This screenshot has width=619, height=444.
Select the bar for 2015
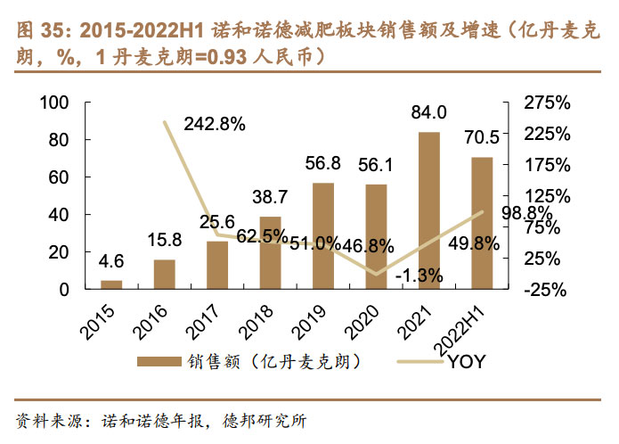pyautogui.click(x=111, y=284)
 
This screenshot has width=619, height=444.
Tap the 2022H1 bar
pyautogui.click(x=482, y=223)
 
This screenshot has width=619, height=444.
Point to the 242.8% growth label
pyautogui.click(x=215, y=124)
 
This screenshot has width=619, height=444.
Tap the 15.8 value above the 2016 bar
pyautogui.click(x=165, y=240)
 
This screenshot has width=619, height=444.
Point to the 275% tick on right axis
pyautogui.click(x=548, y=103)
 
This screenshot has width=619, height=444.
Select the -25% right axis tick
pyautogui.click(x=548, y=290)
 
